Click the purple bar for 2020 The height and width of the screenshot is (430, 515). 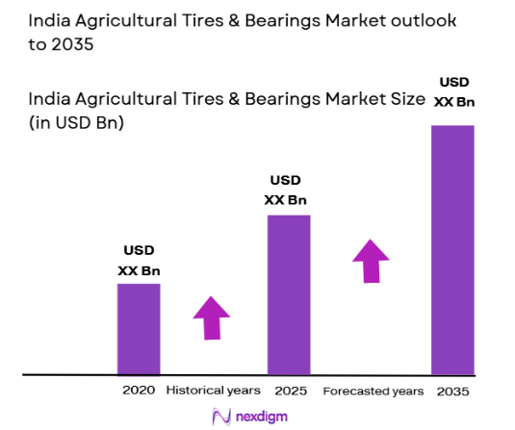139,328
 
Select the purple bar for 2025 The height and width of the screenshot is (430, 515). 289,293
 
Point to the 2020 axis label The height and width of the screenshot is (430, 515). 139,391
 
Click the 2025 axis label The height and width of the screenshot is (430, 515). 289,391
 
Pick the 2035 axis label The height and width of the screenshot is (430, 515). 453,391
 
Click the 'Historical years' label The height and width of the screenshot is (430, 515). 213,391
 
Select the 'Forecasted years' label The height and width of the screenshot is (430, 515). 373,391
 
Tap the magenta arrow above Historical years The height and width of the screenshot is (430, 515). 212,317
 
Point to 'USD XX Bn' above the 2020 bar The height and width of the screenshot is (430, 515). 139,262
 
